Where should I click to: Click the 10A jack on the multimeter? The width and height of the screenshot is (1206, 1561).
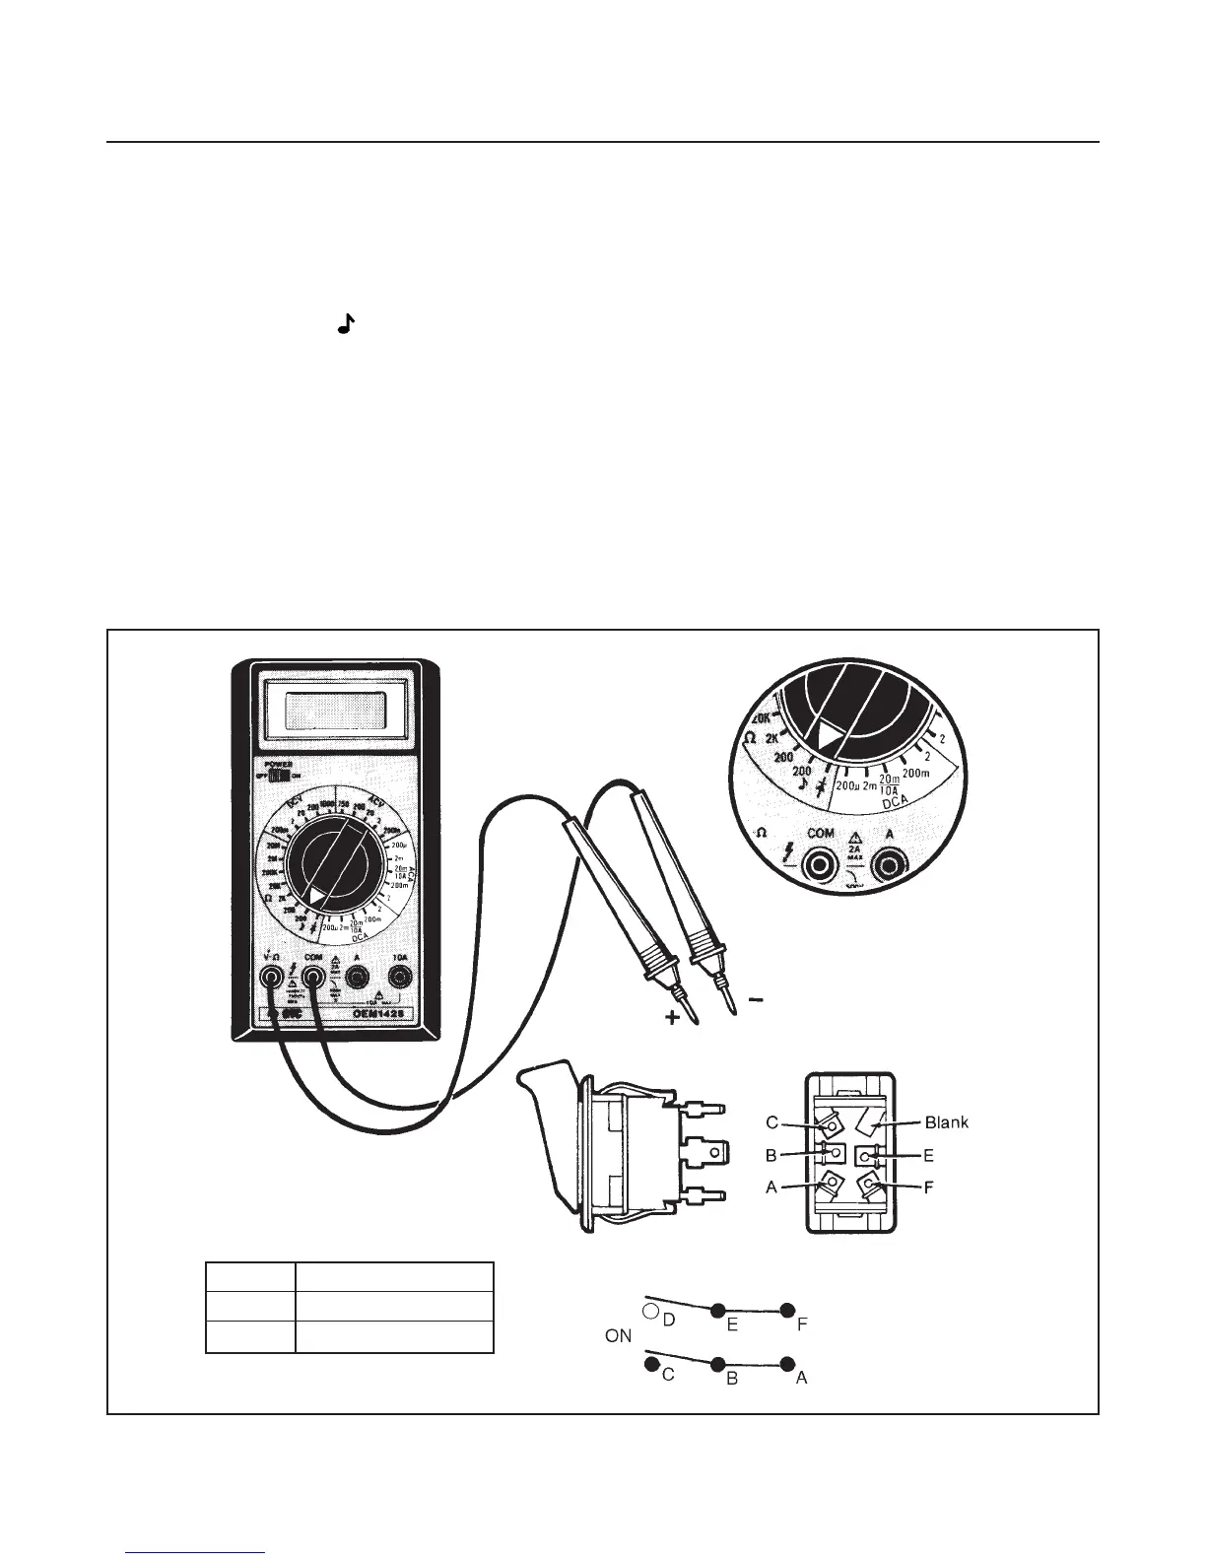point(399,976)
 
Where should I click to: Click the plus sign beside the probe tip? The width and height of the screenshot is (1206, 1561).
point(673,1019)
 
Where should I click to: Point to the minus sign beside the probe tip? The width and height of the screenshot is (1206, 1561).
point(756,1000)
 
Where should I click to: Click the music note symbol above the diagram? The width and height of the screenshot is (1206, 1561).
point(345,323)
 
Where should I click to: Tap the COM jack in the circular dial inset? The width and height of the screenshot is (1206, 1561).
point(820,865)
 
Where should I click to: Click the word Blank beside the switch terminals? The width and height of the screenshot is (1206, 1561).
point(947,1121)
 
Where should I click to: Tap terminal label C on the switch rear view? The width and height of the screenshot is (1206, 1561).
point(773,1121)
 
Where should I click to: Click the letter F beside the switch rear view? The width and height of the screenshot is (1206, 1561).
point(928,1188)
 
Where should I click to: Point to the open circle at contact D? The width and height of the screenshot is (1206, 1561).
point(650,1311)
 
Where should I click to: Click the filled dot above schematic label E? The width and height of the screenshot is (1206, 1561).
point(718,1310)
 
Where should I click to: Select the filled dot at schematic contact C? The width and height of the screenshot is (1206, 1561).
point(651,1365)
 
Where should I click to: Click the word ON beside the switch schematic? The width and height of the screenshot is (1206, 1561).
point(619,1337)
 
